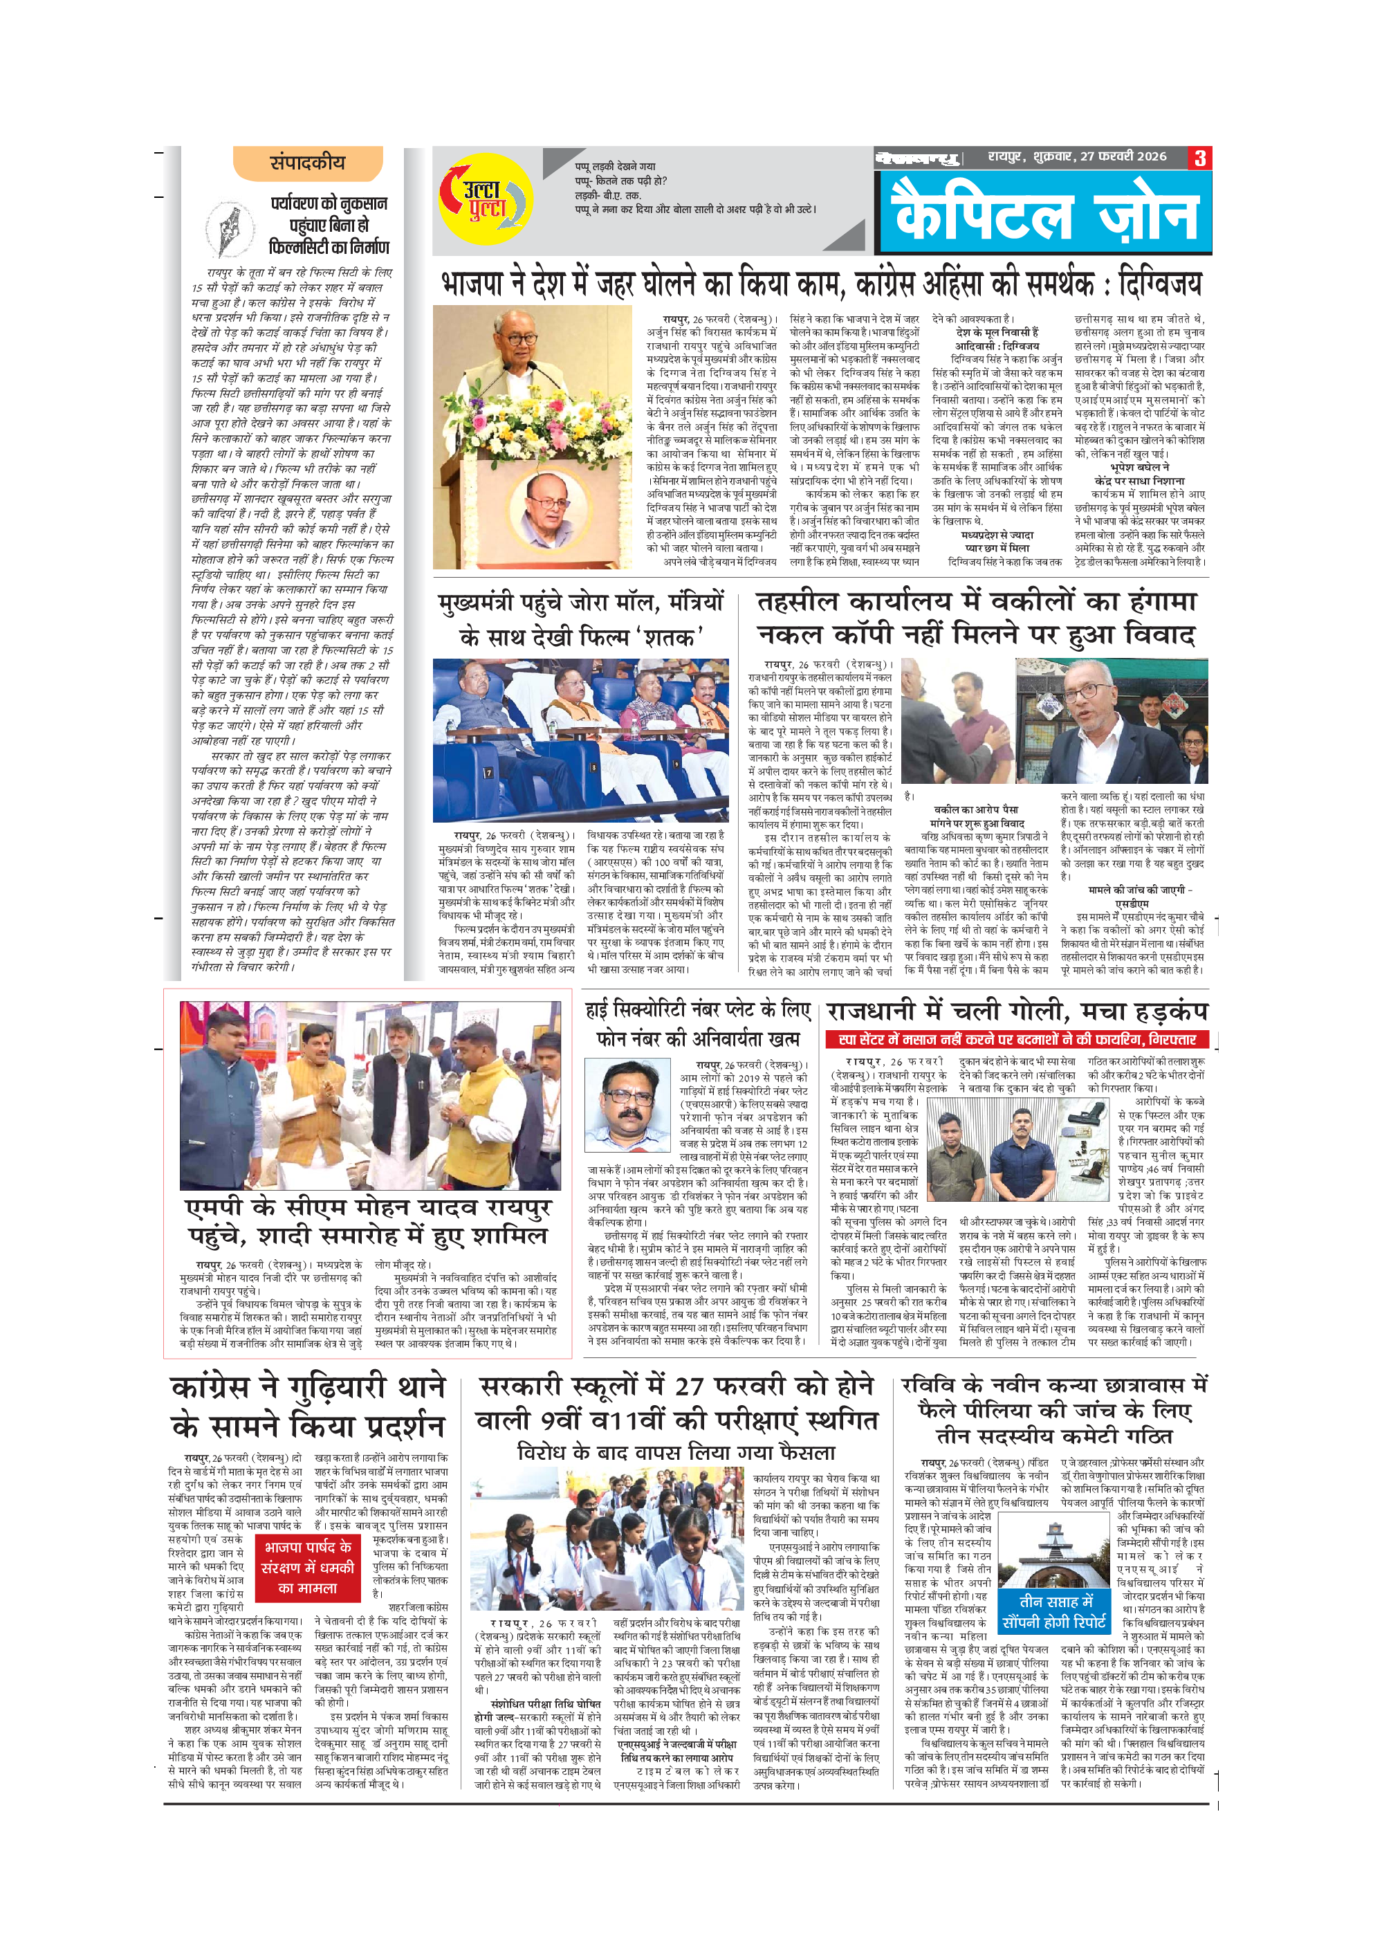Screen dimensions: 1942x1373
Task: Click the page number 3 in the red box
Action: point(1199,158)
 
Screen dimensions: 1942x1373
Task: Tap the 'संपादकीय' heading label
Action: point(308,163)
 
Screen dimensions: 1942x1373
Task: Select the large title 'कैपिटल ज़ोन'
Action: point(1047,212)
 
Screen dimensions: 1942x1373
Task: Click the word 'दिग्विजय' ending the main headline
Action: point(1159,284)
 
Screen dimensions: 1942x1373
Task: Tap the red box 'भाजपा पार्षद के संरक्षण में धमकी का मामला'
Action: point(308,1567)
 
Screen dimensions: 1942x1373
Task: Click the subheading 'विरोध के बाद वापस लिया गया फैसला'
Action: point(676,1452)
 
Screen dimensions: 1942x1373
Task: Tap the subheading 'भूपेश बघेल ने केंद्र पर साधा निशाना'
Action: point(1140,474)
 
